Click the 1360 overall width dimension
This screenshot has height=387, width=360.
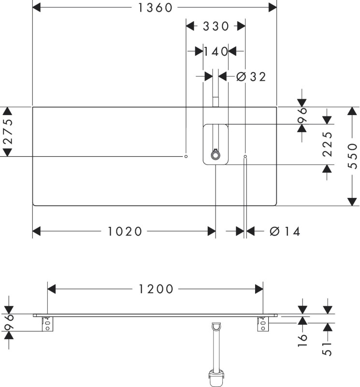pyautogui.click(x=155, y=8)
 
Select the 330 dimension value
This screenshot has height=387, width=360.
pyautogui.click(x=216, y=26)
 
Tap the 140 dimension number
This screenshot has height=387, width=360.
pyautogui.click(x=216, y=52)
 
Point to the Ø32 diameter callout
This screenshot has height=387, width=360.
pyautogui.click(x=251, y=77)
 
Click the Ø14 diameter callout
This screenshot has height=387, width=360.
pyautogui.click(x=285, y=232)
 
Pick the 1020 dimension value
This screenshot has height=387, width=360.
pyautogui.click(x=125, y=232)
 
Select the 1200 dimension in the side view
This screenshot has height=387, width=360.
pyautogui.click(x=156, y=289)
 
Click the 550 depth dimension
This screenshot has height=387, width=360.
pyautogui.click(x=352, y=156)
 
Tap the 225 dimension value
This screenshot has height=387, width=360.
pyautogui.click(x=327, y=144)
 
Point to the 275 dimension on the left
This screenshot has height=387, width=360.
pyautogui.click(x=8, y=132)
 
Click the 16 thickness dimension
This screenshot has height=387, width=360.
pyautogui.click(x=302, y=340)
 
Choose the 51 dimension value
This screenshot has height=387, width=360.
pyautogui.click(x=327, y=348)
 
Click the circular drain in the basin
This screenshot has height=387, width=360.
pyautogui.click(x=216, y=155)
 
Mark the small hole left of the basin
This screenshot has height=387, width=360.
pyautogui.click(x=186, y=156)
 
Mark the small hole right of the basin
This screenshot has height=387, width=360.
pyautogui.click(x=245, y=156)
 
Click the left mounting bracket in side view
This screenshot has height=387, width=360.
pyautogui.click(x=47, y=324)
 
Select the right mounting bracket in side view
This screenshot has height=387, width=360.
pyautogui.click(x=263, y=324)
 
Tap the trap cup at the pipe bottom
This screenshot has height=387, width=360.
pyautogui.click(x=216, y=378)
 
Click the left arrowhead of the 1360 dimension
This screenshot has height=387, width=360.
pyautogui.click(x=37, y=8)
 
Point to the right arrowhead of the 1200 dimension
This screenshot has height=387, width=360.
pyautogui.click(x=259, y=289)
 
